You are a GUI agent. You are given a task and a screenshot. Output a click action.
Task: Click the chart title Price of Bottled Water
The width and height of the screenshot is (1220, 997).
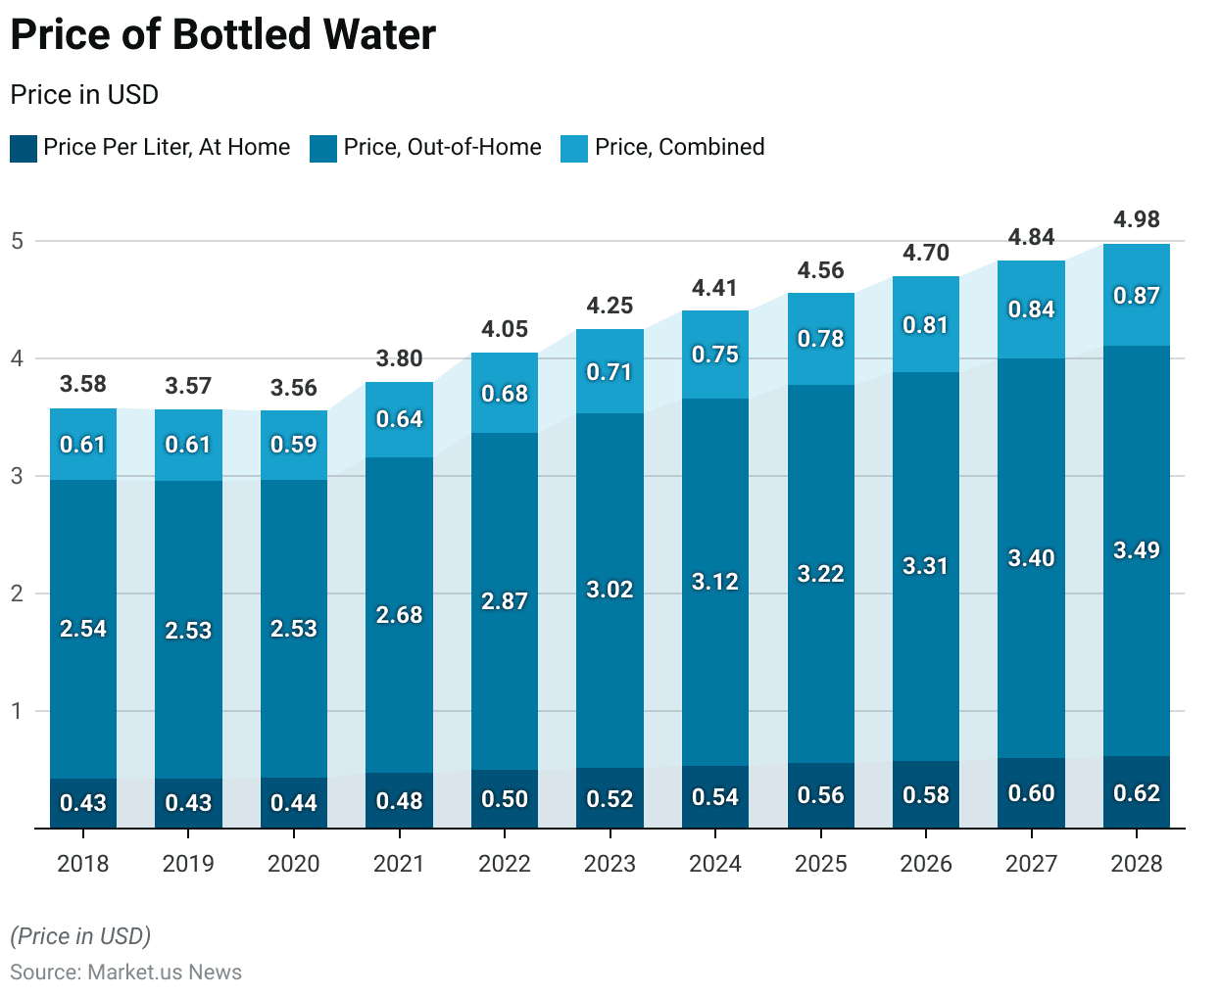click(x=222, y=35)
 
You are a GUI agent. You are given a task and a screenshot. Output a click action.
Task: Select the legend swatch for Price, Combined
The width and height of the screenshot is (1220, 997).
click(x=573, y=149)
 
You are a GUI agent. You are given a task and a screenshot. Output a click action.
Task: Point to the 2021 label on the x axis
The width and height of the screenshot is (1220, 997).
click(x=399, y=864)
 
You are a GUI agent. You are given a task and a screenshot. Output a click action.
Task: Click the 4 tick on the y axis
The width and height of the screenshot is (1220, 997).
click(x=18, y=358)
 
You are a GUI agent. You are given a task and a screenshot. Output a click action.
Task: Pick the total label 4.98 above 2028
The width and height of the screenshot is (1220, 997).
click(x=1137, y=219)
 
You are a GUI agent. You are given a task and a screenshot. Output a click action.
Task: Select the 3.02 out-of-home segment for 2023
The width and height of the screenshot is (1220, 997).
click(x=610, y=590)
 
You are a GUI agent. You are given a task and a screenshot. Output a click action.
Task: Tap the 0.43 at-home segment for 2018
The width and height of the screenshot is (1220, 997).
click(x=83, y=803)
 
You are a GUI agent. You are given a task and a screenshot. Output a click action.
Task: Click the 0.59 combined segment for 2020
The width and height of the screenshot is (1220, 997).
click(x=294, y=445)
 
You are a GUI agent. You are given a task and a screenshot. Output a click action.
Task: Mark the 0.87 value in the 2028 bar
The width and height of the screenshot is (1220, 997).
click(x=1137, y=296)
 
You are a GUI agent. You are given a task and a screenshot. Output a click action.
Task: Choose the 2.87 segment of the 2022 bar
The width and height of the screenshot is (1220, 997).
click(x=505, y=601)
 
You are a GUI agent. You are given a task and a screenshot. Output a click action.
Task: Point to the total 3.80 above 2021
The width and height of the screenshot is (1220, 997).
click(x=399, y=358)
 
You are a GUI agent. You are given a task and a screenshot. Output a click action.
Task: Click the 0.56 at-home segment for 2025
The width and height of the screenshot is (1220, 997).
click(x=820, y=795)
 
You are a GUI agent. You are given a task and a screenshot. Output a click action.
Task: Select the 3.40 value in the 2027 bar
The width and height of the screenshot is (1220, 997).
click(x=1031, y=558)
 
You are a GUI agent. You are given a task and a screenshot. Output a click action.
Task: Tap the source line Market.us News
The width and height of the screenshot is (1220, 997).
click(x=125, y=973)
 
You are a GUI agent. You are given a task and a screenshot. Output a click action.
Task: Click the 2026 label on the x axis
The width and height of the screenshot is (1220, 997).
click(x=926, y=864)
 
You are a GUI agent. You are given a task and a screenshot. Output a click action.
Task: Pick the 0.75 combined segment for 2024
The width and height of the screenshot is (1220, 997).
click(x=715, y=355)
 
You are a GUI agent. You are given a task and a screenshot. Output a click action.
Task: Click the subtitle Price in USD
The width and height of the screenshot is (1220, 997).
click(x=84, y=95)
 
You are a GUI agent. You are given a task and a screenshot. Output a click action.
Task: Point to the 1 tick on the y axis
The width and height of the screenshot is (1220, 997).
click(x=18, y=711)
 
